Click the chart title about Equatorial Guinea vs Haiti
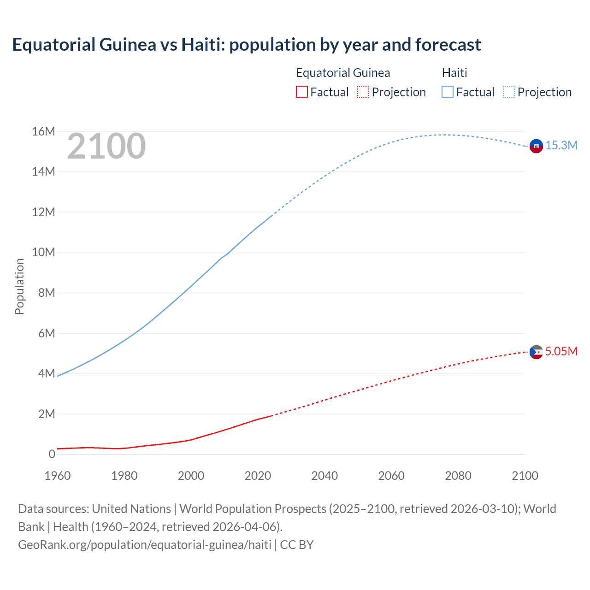tap(246, 45)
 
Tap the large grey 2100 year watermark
tap(106, 146)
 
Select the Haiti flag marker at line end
tap(536, 146)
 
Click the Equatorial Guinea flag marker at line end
tap(536, 352)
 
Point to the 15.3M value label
tap(561, 146)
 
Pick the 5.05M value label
tap(561, 351)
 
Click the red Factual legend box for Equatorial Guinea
tap(301, 92)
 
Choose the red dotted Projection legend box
tap(363, 92)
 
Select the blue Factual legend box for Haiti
tap(448, 92)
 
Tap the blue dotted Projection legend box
tap(509, 92)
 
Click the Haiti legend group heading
tap(454, 73)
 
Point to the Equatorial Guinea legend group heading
tap(343, 73)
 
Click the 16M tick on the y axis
tap(43, 132)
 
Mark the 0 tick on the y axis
tap(52, 454)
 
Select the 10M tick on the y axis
tap(43, 253)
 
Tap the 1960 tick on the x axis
tap(58, 476)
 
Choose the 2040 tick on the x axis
tap(324, 476)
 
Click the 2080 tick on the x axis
tap(458, 476)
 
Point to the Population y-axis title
tap(19, 286)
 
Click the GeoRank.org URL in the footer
tap(145, 545)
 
